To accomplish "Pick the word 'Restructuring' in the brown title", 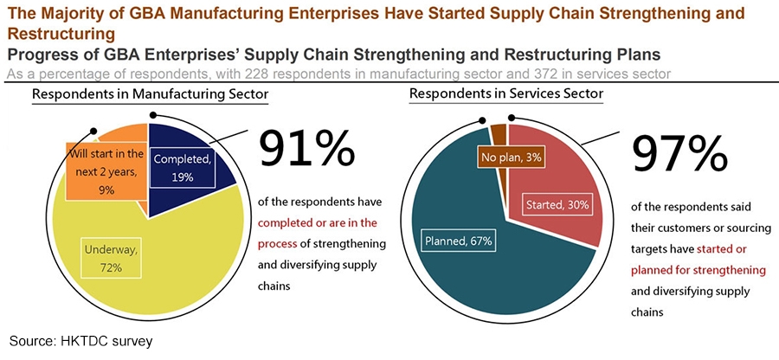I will click(60, 34).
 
